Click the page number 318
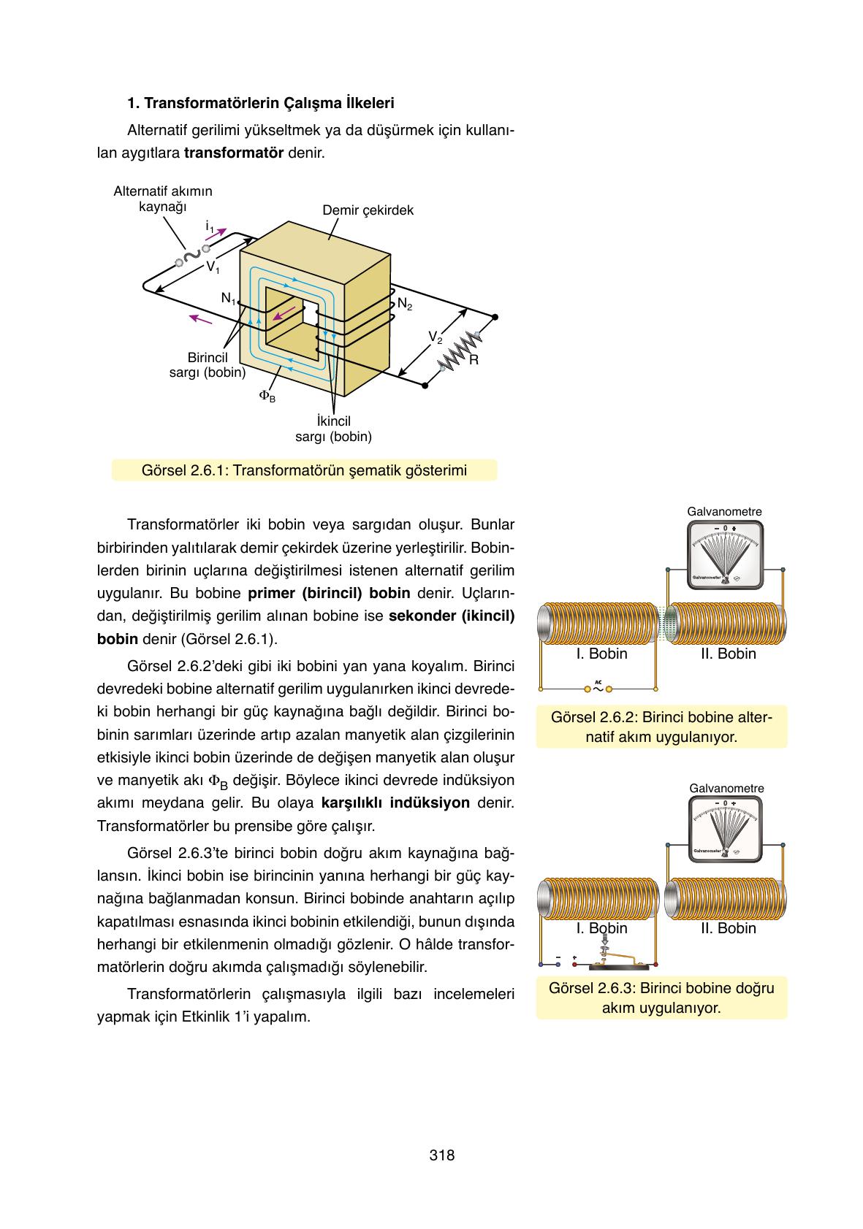pyautogui.click(x=442, y=1155)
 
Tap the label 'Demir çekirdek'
pyautogui.click(x=368, y=210)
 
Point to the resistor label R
pyautogui.click(x=474, y=360)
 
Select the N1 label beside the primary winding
pyautogui.click(x=228, y=299)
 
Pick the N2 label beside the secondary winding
pyautogui.click(x=405, y=304)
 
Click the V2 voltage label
pyautogui.click(x=435, y=337)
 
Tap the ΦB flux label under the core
pyautogui.click(x=267, y=396)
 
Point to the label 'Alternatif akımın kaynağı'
pyautogui.click(x=163, y=199)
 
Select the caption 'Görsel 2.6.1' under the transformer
pyautogui.click(x=304, y=470)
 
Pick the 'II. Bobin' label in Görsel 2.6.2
pyautogui.click(x=728, y=654)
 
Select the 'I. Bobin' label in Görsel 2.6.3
pyautogui.click(x=601, y=928)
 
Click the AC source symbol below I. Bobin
pyautogui.click(x=598, y=687)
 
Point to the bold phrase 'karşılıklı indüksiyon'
pyautogui.click(x=395, y=803)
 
